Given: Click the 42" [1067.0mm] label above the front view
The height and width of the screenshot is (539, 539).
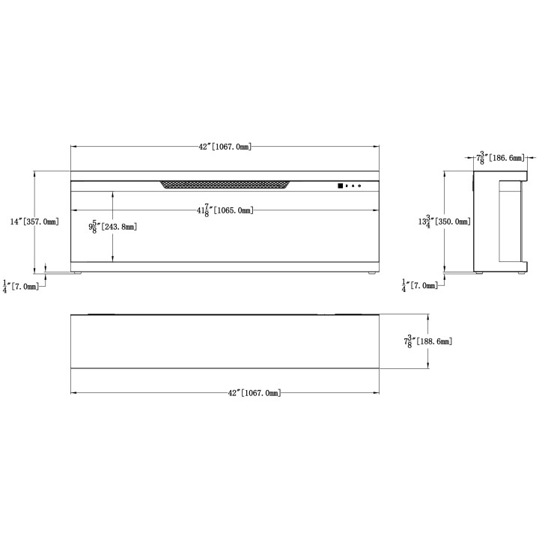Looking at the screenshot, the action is [x=225, y=147].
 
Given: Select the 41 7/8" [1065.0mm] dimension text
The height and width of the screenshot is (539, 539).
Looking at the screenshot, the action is [x=225, y=210].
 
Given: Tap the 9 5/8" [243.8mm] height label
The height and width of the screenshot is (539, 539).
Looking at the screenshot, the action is [x=113, y=227].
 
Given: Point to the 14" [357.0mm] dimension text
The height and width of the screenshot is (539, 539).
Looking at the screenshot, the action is [x=34, y=222].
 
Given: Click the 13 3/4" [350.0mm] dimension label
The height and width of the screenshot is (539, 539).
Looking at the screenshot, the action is [x=445, y=222].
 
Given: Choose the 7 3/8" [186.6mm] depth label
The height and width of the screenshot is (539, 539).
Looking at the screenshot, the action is [x=501, y=158].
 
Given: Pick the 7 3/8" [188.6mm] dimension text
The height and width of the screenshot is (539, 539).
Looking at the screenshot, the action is [x=428, y=341].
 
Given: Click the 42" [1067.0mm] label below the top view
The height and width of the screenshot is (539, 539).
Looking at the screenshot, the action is [x=255, y=392].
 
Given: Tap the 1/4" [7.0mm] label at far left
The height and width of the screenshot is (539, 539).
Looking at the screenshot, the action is [x=21, y=286].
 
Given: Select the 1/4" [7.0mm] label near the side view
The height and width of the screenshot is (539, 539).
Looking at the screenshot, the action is [x=420, y=285].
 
